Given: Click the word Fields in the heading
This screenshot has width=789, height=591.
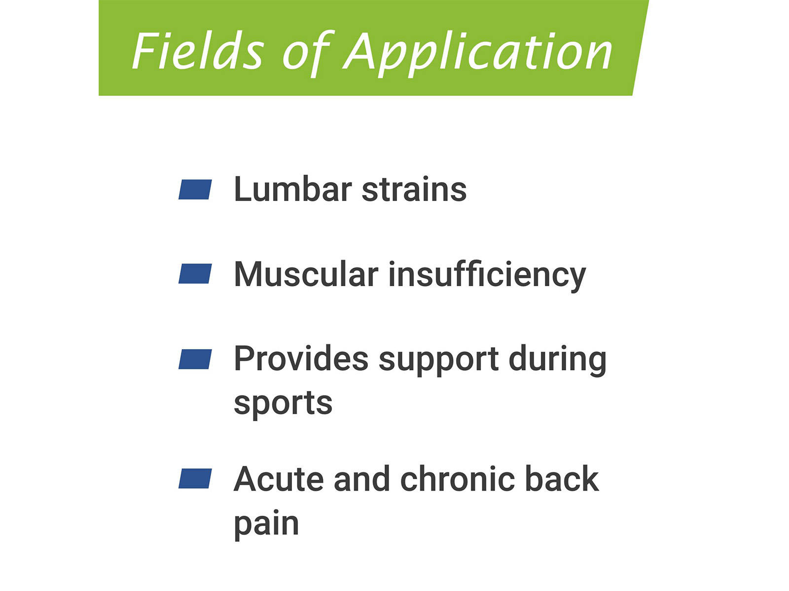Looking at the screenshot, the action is point(198,51).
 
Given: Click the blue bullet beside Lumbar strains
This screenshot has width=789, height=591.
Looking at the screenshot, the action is point(195,190).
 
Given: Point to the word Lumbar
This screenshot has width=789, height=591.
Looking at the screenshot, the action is point(293,189).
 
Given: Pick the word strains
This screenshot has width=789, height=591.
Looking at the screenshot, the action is point(414,190).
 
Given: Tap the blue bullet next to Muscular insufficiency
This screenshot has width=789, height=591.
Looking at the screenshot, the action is point(195,274).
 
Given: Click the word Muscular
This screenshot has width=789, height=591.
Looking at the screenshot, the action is point(306,274).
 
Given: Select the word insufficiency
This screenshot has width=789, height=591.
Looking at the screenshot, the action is point(487,276).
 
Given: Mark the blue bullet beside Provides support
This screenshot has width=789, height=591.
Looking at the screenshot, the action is point(195,359).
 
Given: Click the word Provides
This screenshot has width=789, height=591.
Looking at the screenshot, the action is point(301,359).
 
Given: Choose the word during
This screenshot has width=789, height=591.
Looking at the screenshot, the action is point(558,361).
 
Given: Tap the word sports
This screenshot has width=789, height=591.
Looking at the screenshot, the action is point(283,405).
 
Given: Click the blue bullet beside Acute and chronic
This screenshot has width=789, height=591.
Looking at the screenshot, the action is point(195,479).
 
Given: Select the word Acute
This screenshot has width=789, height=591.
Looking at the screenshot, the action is point(279,479).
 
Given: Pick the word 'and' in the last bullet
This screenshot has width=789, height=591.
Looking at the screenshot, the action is point(362,479).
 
